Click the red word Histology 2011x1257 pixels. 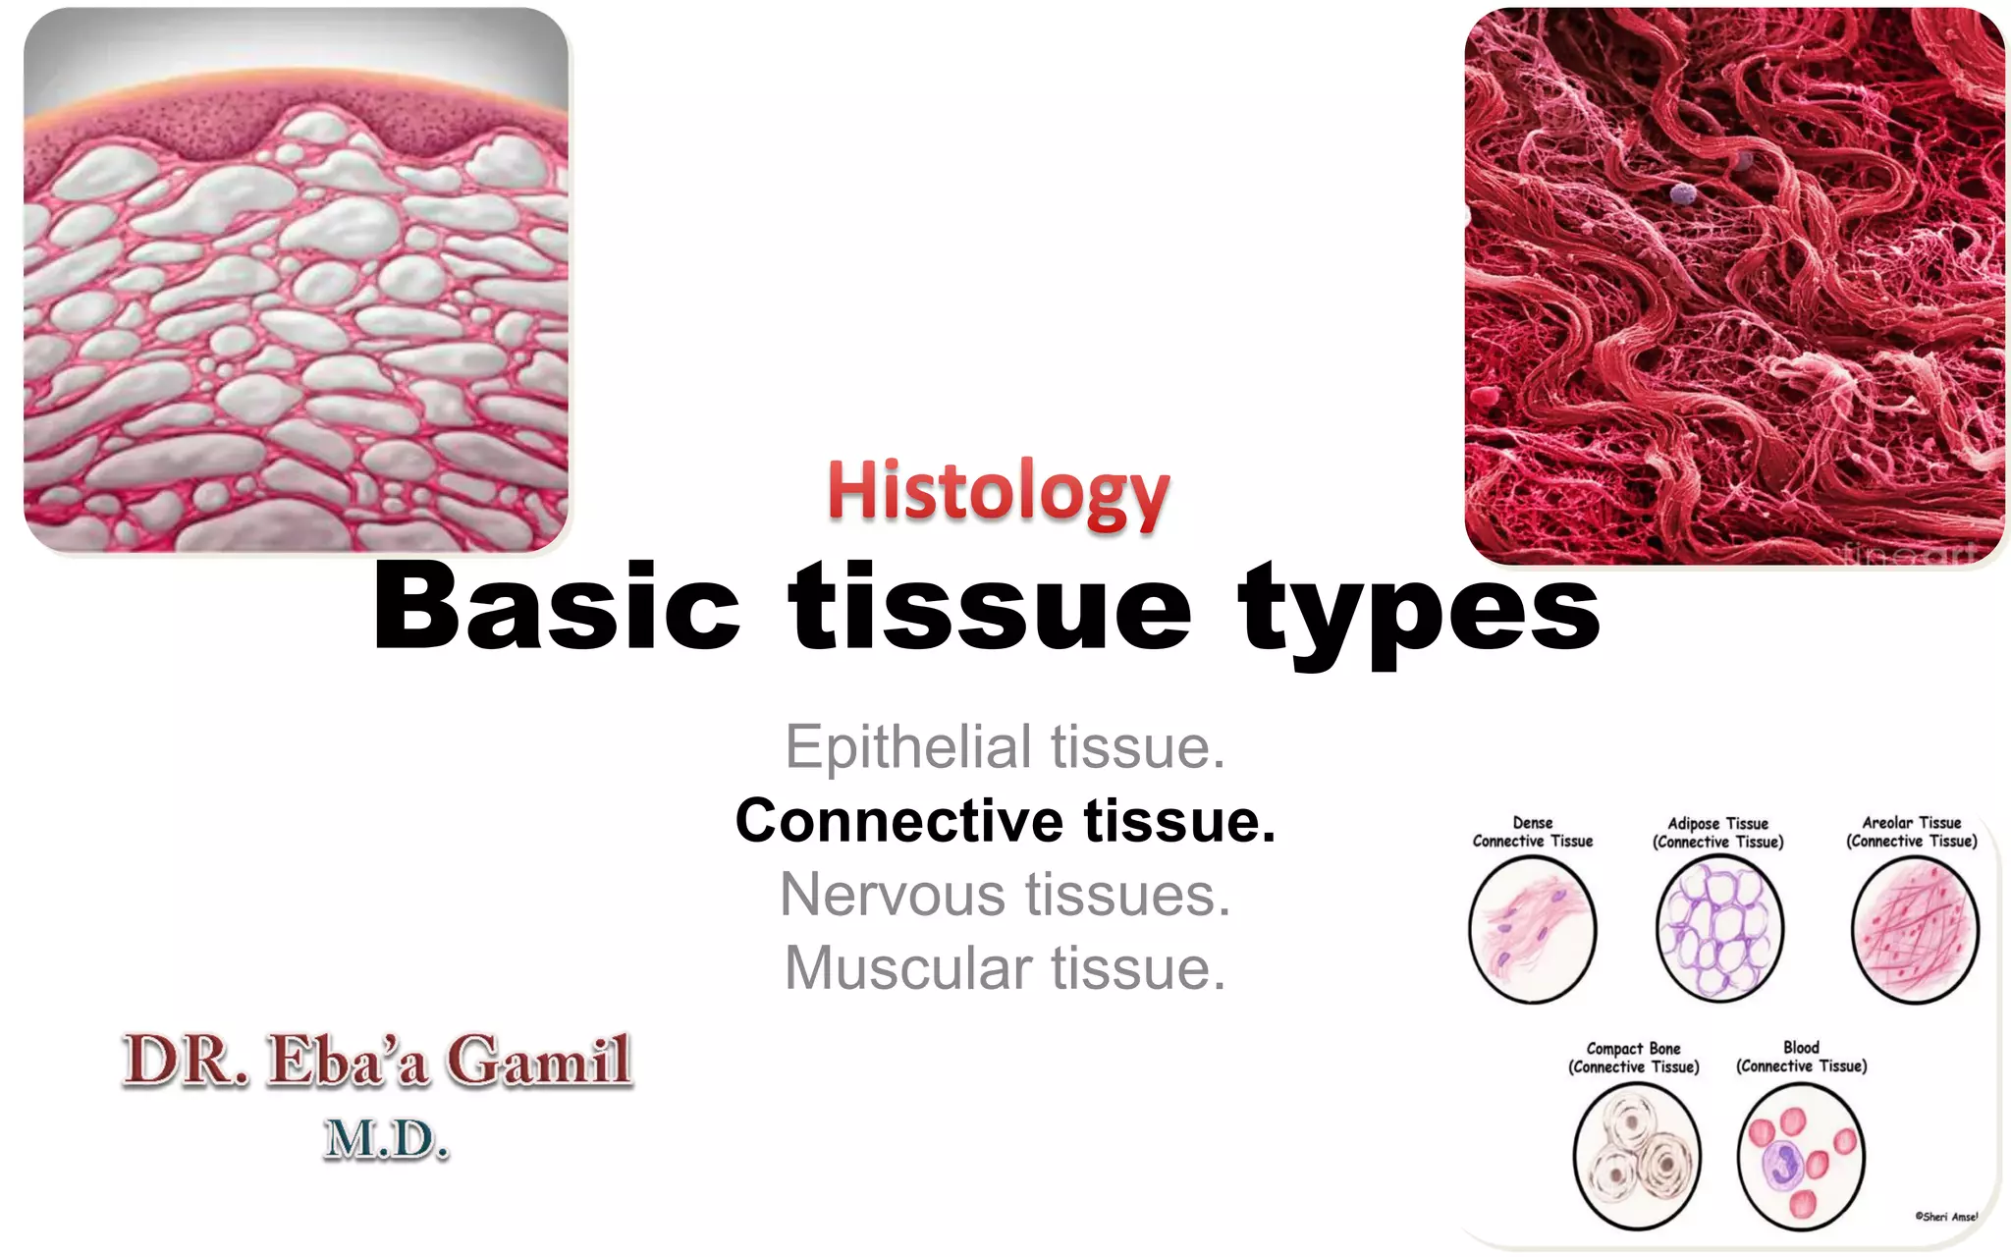point(998,491)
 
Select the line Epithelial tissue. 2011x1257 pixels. point(1005,747)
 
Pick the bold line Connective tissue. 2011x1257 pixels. point(1005,821)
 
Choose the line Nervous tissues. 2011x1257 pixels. point(1005,895)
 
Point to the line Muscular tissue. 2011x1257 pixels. point(1005,968)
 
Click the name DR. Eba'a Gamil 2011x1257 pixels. point(377,1061)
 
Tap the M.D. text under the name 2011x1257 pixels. point(386,1139)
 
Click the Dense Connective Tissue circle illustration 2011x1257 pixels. point(1532,929)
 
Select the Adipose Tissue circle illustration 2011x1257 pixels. point(1719,929)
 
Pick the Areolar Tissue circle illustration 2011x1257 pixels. point(1914,929)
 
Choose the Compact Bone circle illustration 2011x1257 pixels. point(1636,1156)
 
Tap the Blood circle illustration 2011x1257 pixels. point(1801,1156)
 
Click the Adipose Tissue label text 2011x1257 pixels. point(1718,833)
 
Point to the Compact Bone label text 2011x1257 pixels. point(1633,1058)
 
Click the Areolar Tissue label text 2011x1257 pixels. point(1912,832)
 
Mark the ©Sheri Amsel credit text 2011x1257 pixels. point(1946,1217)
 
